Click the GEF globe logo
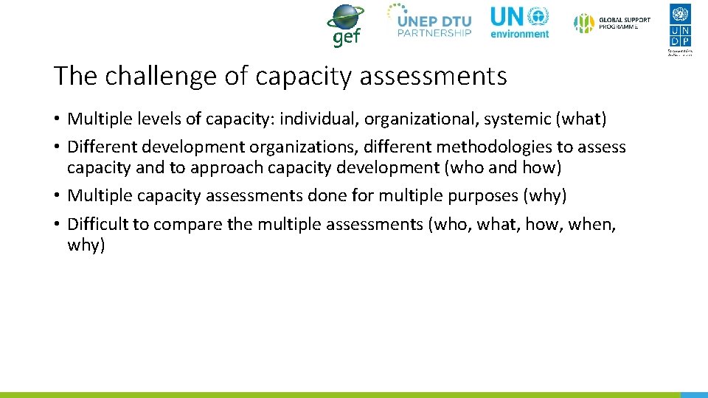[x=345, y=25]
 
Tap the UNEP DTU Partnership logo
[x=430, y=21]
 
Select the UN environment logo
[x=520, y=23]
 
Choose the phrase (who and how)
[x=503, y=167]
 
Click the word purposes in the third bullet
[x=476, y=196]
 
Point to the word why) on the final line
[x=86, y=245]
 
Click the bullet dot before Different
[x=57, y=147]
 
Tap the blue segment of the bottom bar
[x=693, y=395]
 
